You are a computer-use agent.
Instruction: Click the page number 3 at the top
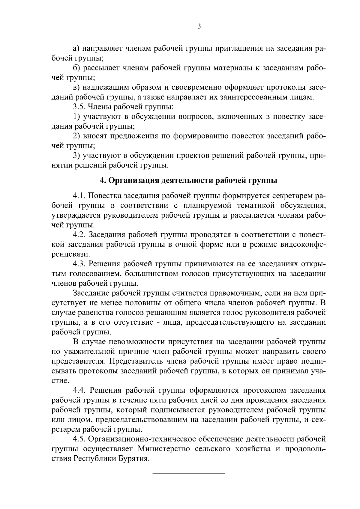(x=199, y=26)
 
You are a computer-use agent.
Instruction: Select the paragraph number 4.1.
(x=80, y=196)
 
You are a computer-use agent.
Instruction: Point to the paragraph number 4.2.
(x=80, y=235)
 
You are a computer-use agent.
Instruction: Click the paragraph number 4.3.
(x=80, y=264)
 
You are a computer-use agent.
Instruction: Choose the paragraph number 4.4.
(x=80, y=390)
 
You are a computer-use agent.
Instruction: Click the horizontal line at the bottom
(x=189, y=473)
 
